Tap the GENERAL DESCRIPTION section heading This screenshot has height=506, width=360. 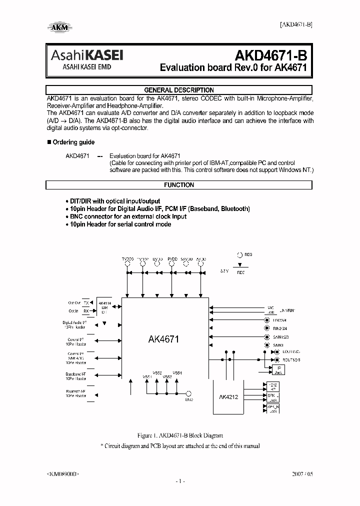(x=179, y=90)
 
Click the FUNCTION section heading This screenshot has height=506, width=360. (x=179, y=185)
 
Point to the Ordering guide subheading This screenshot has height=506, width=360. (x=73, y=142)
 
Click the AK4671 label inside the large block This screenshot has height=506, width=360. (x=163, y=339)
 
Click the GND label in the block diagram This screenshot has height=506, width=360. (x=188, y=400)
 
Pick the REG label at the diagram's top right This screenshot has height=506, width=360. (x=248, y=254)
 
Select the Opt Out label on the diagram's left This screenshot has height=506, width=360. (x=74, y=303)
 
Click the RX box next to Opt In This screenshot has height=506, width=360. (x=86, y=310)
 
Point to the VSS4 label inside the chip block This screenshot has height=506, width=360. (x=177, y=372)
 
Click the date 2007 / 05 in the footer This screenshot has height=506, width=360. (x=302, y=472)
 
